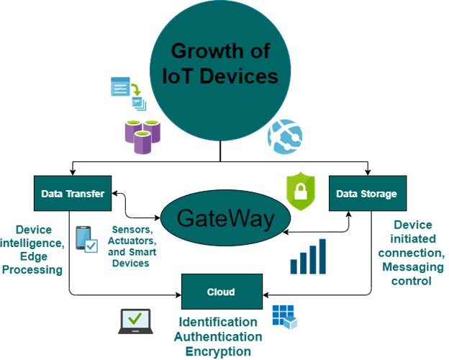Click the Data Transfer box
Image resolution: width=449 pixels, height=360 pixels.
point(73,194)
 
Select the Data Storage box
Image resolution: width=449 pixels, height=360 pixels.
point(368,194)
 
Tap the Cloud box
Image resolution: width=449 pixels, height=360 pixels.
point(222,292)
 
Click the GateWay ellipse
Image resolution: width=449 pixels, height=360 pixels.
point(226,218)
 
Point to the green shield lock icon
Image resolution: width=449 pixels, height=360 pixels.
point(301,192)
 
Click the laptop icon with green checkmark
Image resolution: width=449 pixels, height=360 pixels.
point(135,321)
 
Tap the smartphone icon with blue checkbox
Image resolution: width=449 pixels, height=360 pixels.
point(86,240)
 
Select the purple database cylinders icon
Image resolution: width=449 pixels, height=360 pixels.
point(142,137)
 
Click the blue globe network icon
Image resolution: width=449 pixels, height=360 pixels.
point(285,137)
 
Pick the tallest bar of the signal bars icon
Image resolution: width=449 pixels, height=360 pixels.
point(322,256)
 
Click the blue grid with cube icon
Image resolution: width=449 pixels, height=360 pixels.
point(285,317)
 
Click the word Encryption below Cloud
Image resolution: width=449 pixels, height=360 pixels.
point(218,351)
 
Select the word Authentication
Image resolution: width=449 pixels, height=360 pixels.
point(218,336)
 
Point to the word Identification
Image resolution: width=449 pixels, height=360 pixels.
point(218,322)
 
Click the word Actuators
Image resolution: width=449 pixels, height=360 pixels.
point(132,240)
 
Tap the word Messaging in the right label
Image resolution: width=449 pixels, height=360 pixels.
point(413,267)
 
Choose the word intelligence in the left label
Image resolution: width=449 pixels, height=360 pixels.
point(32,243)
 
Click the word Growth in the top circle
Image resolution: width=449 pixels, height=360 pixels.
point(205,51)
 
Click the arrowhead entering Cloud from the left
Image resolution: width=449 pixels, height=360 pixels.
point(178,294)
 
